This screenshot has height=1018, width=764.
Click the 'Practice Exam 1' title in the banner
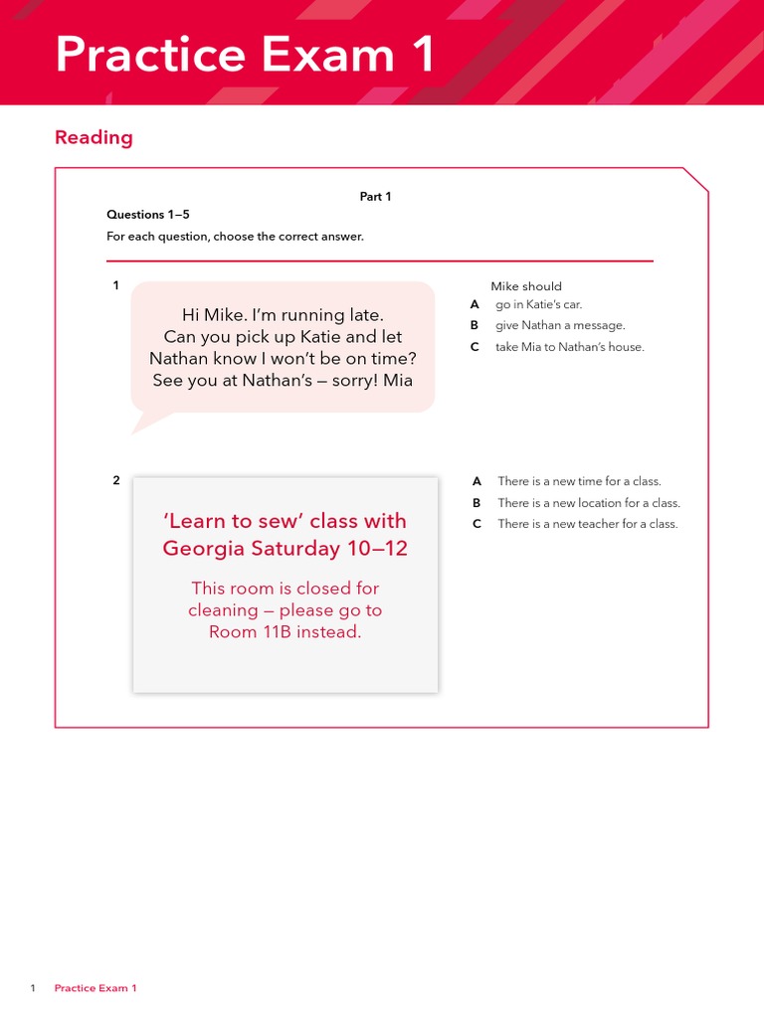[x=245, y=54]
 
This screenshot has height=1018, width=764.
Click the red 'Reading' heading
[x=94, y=137]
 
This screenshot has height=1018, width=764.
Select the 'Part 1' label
[x=375, y=197]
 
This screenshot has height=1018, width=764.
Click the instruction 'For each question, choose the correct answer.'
[x=235, y=237]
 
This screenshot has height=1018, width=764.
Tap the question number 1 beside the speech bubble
[x=115, y=286]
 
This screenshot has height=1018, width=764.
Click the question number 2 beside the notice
[x=115, y=480]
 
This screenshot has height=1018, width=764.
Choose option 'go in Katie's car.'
[x=538, y=304]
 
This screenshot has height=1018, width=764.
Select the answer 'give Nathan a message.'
[x=560, y=325]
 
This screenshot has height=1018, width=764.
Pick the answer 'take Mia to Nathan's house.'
[x=569, y=347]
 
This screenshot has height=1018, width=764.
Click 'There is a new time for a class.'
[x=579, y=481]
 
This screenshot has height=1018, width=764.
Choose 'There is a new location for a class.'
[x=589, y=503]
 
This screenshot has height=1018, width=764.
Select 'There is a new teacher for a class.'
[x=587, y=524]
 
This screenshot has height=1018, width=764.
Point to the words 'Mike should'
[x=526, y=286]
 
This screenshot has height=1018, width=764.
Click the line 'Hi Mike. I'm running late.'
[x=283, y=315]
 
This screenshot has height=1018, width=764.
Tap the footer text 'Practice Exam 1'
[x=95, y=988]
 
